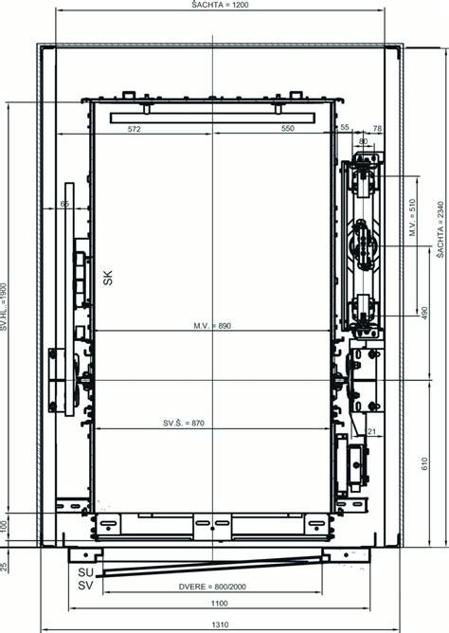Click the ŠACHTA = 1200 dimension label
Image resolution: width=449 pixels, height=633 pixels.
(220, 5)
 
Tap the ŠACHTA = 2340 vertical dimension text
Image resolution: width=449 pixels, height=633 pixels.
(440, 229)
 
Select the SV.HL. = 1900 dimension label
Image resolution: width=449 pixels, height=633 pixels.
(4, 306)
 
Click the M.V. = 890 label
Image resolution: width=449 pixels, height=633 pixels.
(212, 325)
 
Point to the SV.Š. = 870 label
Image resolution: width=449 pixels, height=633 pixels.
(184, 423)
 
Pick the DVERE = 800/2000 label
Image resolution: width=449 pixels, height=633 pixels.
(212, 587)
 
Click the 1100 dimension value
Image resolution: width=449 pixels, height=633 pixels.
(219, 603)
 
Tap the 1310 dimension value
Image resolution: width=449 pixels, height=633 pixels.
(220, 624)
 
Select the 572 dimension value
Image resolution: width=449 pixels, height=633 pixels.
(134, 129)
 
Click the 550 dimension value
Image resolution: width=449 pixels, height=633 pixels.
(288, 128)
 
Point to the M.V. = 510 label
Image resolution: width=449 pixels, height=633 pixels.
(412, 217)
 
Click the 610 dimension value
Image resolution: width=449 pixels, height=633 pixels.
(424, 464)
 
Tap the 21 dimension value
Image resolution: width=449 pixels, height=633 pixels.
(371, 431)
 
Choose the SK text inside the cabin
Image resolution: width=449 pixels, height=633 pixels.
(108, 278)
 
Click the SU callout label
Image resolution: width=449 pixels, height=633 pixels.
(85, 572)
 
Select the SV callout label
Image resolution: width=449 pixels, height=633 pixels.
(85, 585)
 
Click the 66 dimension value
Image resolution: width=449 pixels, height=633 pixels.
(64, 204)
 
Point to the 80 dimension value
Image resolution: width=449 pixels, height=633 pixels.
(363, 141)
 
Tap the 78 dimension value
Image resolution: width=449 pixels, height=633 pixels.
(377, 128)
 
